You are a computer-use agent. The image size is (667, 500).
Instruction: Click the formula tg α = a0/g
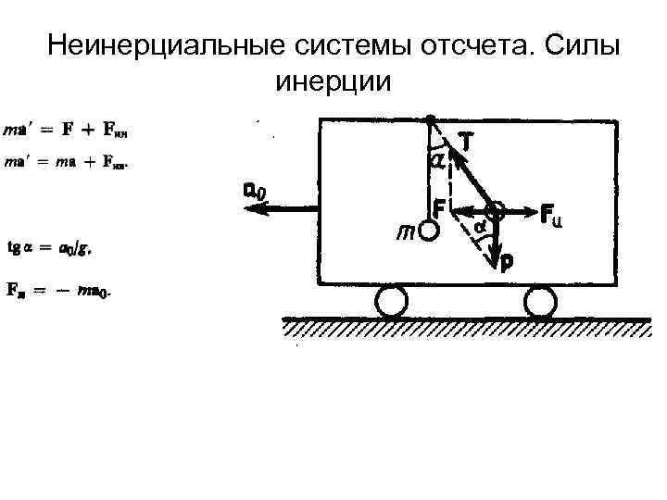tap(51, 248)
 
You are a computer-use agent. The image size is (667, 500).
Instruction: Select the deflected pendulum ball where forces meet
tap(495, 209)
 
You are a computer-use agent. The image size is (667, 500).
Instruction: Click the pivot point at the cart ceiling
tap(431, 119)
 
